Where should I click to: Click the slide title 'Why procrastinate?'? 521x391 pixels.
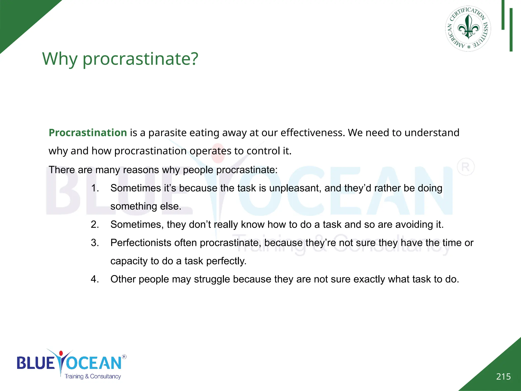pyautogui.click(x=120, y=59)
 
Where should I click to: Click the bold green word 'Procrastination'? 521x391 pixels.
pyautogui.click(x=88, y=133)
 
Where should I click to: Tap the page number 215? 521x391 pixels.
pyautogui.click(x=503, y=376)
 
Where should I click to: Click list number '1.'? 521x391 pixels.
pyautogui.click(x=95, y=188)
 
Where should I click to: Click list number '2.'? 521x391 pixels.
pyautogui.click(x=95, y=225)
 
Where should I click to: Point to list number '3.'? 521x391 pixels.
pyautogui.click(x=95, y=243)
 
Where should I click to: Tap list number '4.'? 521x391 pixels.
pyautogui.click(x=95, y=279)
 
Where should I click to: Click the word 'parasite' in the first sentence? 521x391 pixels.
pyautogui.click(x=167, y=133)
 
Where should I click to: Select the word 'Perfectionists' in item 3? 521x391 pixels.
pyautogui.click(x=141, y=243)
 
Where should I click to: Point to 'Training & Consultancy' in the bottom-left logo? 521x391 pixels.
pyautogui.click(x=93, y=376)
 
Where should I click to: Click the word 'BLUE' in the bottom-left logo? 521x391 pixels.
pyautogui.click(x=36, y=363)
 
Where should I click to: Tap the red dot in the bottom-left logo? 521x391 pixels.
pyautogui.click(x=61, y=353)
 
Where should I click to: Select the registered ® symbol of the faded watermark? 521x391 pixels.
pyautogui.click(x=466, y=167)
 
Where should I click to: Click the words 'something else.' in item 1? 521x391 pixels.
pyautogui.click(x=146, y=206)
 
